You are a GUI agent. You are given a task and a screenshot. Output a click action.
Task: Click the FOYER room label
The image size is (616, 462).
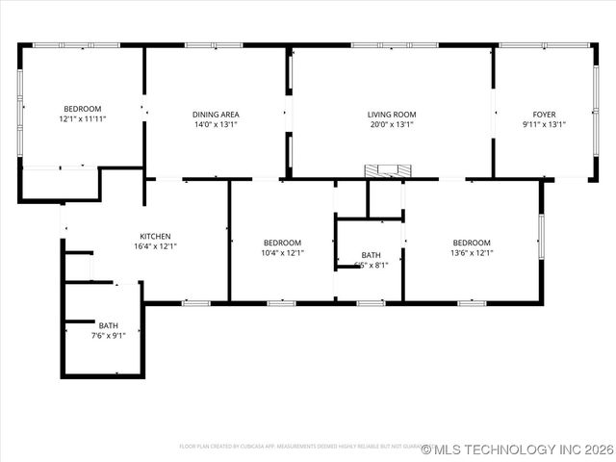pos(544,115)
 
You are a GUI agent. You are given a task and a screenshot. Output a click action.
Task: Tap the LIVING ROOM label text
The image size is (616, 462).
pos(391,115)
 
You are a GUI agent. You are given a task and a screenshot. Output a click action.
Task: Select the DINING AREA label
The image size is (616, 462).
pos(216,115)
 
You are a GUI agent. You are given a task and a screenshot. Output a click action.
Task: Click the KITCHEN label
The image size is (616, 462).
pos(155,237)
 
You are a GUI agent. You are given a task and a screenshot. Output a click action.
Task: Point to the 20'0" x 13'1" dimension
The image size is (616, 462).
pos(391,124)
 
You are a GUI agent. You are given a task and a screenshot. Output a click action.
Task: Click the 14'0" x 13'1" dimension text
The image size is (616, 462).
pos(216,124)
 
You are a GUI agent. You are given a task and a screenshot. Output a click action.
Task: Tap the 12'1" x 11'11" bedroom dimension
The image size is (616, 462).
pos(82,118)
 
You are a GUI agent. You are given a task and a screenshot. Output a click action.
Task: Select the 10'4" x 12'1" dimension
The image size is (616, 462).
pos(282,253)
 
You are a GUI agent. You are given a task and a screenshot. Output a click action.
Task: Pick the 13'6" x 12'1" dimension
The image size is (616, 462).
pos(472,253)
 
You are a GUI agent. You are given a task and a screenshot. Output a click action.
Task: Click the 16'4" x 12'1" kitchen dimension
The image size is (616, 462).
pos(155,246)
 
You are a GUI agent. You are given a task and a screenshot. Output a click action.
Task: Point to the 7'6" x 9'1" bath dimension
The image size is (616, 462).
pos(108,336)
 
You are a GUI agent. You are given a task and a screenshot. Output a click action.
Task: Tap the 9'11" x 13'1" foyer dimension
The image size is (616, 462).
pos(544,124)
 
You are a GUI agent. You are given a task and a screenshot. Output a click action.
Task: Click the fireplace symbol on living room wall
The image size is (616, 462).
pos(387,170)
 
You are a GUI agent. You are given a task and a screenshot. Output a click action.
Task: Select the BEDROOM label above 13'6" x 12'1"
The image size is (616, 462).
pos(472,243)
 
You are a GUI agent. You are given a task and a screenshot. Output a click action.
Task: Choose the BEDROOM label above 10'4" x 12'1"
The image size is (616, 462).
pos(282,243)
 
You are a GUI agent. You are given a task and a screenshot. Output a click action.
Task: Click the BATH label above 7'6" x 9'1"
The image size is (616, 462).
pos(108,326)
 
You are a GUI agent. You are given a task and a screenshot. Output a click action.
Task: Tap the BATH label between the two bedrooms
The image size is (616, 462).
pos(371,255)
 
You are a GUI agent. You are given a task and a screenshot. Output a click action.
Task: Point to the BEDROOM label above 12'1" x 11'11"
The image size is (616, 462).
pos(82,109)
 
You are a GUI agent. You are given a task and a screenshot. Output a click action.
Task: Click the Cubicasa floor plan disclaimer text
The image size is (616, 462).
pos(298,447)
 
